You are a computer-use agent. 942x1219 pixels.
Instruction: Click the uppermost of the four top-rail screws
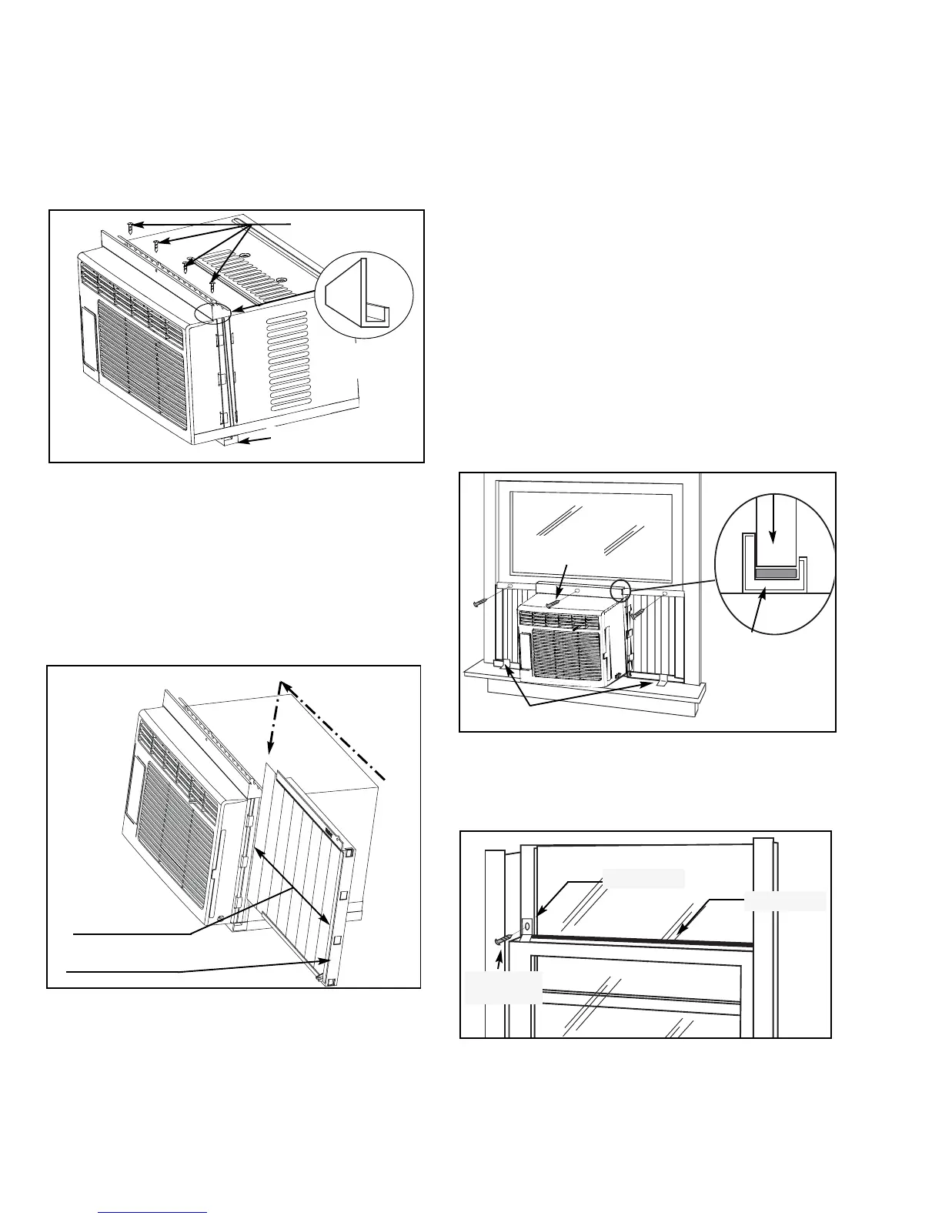pos(132,226)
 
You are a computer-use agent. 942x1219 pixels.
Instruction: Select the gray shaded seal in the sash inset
pos(775,574)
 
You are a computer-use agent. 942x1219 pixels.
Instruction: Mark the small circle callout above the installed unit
pos(620,591)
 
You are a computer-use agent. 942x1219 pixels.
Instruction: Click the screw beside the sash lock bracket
pos(503,938)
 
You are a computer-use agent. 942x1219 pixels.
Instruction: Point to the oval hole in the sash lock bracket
pos(527,924)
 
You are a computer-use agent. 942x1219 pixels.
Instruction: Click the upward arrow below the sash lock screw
pos(501,959)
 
